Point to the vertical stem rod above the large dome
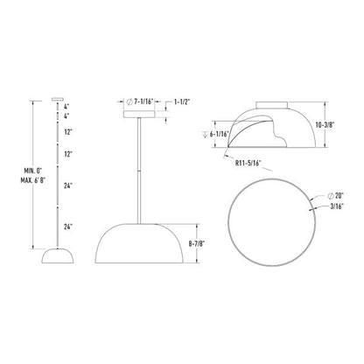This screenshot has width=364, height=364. click(x=141, y=166)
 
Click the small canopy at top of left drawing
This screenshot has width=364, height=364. click(x=58, y=99)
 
